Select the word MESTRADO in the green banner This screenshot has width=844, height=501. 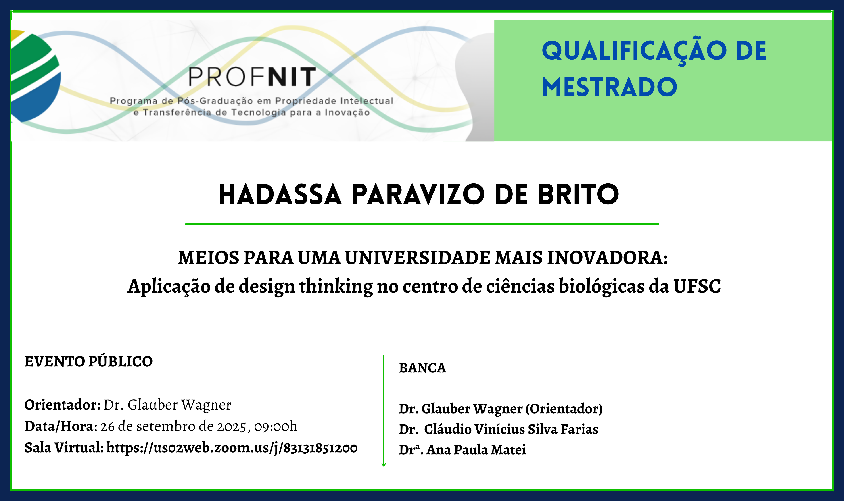pyautogui.click(x=610, y=87)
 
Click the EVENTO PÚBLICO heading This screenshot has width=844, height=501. pyautogui.click(x=88, y=361)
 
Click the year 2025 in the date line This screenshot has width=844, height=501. pyautogui.click(x=231, y=427)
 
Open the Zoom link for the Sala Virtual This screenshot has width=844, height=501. pyautogui.click(x=232, y=448)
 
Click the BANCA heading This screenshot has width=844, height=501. pyautogui.click(x=422, y=368)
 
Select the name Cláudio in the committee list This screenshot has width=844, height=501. pyautogui.click(x=448, y=429)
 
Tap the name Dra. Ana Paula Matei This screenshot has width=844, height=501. pyautogui.click(x=462, y=450)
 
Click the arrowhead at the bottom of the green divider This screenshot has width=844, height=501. pyautogui.click(x=383, y=465)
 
